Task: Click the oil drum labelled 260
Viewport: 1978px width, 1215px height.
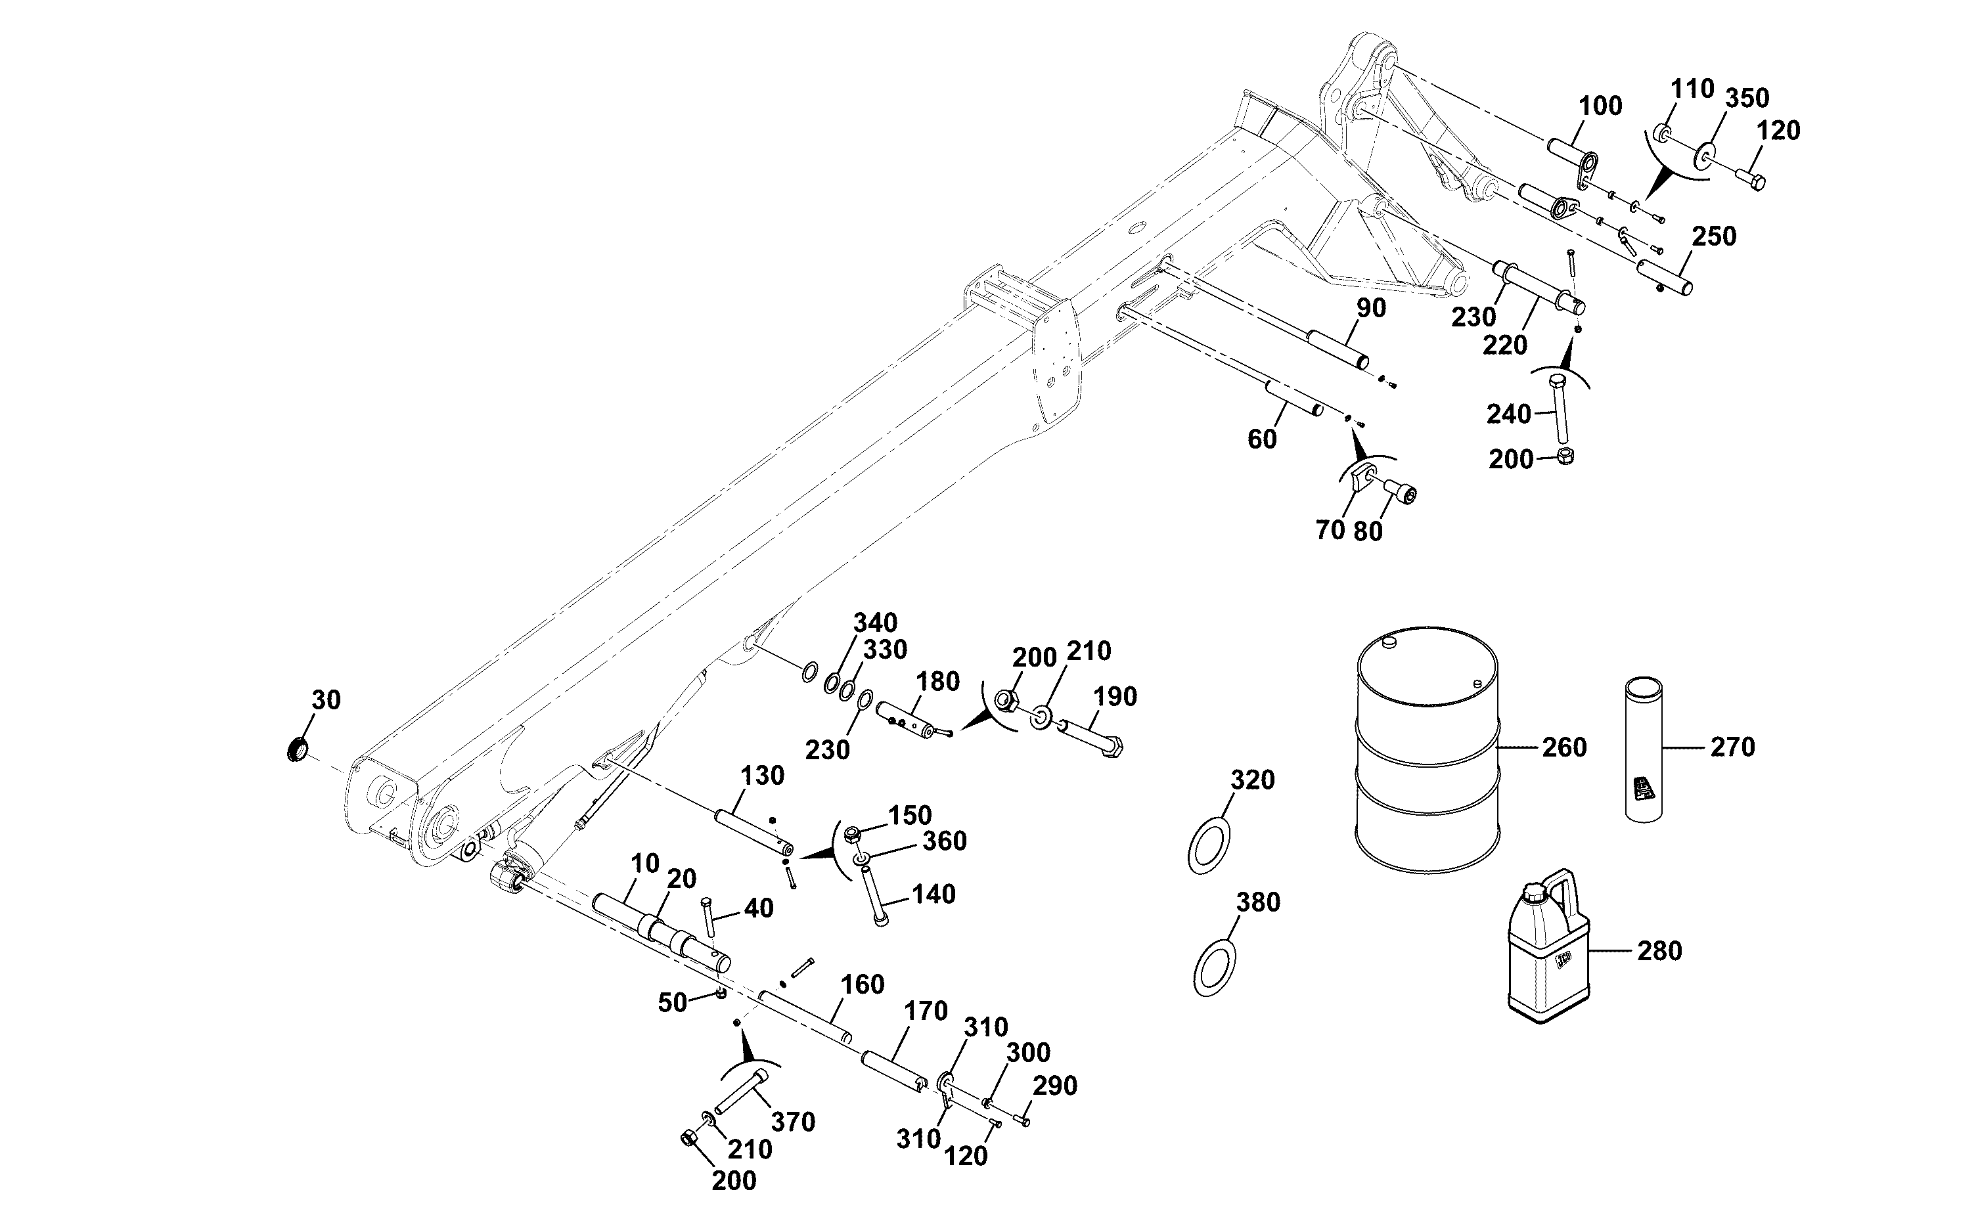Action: [1427, 750]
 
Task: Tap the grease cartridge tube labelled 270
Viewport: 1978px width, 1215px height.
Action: [1644, 750]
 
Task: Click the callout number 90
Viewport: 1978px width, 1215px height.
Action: [1371, 308]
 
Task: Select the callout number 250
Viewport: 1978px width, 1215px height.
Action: [1715, 236]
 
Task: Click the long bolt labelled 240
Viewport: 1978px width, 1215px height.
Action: [1560, 409]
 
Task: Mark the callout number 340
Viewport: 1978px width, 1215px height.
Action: [875, 623]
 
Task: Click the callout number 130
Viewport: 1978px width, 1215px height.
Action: [762, 776]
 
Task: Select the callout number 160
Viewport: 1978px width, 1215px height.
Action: [863, 984]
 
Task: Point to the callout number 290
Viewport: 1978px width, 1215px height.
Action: [1054, 1086]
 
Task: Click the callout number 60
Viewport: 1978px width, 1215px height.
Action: [1262, 439]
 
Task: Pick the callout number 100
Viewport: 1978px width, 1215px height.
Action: [1600, 106]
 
